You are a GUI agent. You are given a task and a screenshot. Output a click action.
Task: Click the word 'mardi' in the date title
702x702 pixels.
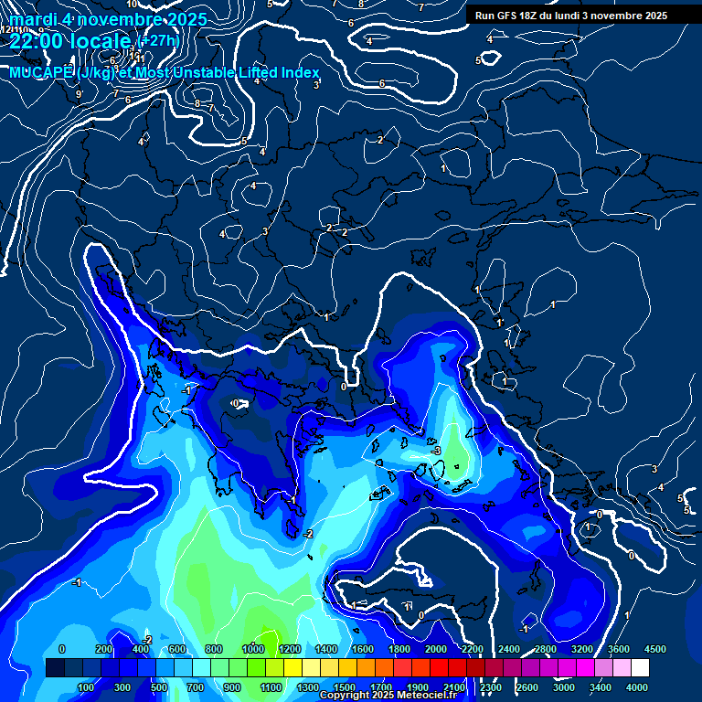[x=33, y=18]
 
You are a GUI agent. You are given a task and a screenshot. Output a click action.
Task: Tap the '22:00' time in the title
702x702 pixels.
[x=36, y=41]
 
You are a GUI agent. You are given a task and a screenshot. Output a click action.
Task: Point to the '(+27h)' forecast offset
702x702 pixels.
[x=158, y=40]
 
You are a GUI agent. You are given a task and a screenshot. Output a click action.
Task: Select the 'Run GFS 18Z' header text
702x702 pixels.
[x=513, y=16]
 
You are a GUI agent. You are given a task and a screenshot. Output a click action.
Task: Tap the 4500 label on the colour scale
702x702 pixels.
[x=654, y=649]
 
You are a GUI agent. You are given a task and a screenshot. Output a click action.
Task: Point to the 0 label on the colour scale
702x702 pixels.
[x=61, y=649]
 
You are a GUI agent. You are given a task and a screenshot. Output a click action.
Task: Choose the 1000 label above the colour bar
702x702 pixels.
[x=252, y=649]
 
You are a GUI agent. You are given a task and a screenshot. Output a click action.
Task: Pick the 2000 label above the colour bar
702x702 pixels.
[x=435, y=649]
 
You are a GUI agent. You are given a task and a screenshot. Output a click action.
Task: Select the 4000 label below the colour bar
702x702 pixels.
[x=636, y=687]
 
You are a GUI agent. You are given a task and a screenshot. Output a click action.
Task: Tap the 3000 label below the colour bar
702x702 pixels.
[x=563, y=687]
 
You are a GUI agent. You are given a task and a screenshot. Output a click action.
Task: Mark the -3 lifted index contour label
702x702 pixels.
[x=437, y=451]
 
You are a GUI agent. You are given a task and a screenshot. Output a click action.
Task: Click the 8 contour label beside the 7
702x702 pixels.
[x=197, y=103]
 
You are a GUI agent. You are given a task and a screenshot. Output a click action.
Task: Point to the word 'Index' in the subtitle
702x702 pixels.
[x=301, y=72]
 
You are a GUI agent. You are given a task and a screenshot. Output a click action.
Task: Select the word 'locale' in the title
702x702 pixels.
[x=103, y=41]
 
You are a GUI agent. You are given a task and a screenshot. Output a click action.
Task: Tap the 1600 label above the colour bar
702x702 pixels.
[x=362, y=649]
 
